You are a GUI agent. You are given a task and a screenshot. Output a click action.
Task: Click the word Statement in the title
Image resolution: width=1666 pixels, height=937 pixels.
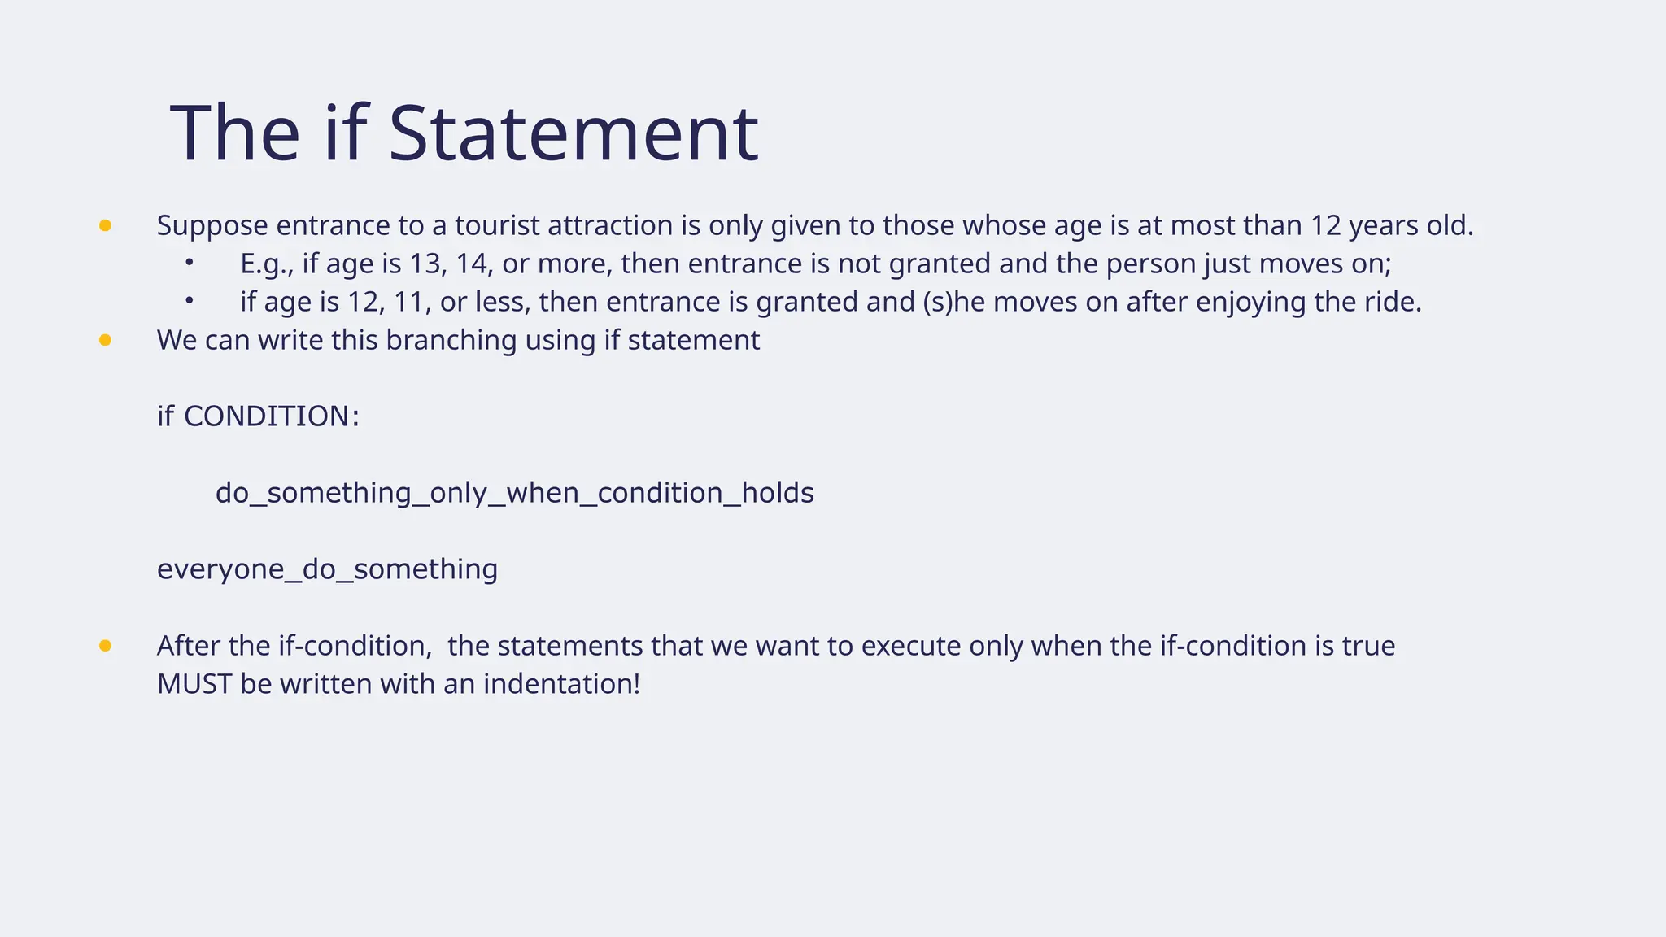574,133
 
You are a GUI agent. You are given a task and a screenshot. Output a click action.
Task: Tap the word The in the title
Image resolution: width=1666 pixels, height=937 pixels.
235,133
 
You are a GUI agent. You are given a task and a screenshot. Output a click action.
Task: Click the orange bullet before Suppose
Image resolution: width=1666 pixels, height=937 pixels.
105,225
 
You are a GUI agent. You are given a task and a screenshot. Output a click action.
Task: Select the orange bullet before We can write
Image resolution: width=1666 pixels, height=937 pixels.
105,340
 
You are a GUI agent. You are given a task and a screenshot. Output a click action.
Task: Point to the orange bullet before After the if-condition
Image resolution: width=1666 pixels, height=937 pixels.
105,646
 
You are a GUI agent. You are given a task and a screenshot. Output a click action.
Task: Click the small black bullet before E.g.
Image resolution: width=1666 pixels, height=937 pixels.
189,262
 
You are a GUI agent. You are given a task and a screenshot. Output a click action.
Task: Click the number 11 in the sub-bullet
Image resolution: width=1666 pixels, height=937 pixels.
412,302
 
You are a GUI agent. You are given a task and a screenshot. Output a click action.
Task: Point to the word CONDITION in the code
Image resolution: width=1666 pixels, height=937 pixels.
267,416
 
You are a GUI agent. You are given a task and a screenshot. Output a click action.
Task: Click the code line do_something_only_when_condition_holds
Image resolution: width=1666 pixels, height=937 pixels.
515,493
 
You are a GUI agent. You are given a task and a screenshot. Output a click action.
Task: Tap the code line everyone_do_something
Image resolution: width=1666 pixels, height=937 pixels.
327,569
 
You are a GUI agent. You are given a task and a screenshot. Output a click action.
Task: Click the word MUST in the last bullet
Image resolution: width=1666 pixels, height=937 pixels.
194,684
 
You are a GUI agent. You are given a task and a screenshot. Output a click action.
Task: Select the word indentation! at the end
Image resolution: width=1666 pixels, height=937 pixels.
562,684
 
